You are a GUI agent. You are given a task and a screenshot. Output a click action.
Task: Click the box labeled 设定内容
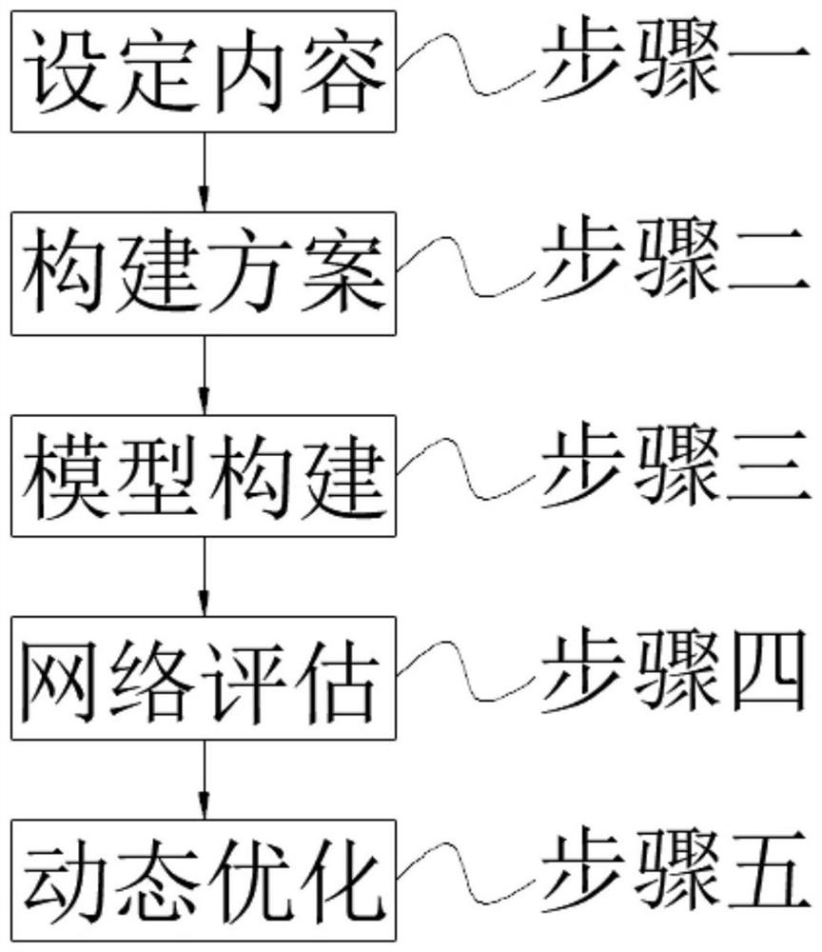point(204,71)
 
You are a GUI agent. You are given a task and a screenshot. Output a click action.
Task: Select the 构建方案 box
point(204,274)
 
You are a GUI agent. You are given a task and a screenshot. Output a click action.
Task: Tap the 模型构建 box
point(204,475)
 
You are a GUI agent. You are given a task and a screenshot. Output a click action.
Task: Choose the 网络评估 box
point(204,677)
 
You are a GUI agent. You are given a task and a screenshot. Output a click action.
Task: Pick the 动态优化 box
point(204,878)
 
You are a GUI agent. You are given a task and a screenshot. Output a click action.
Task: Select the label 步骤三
point(675,470)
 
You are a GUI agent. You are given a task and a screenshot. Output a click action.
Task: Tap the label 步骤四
point(675,673)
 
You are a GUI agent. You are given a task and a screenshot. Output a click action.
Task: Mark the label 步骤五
point(675,874)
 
